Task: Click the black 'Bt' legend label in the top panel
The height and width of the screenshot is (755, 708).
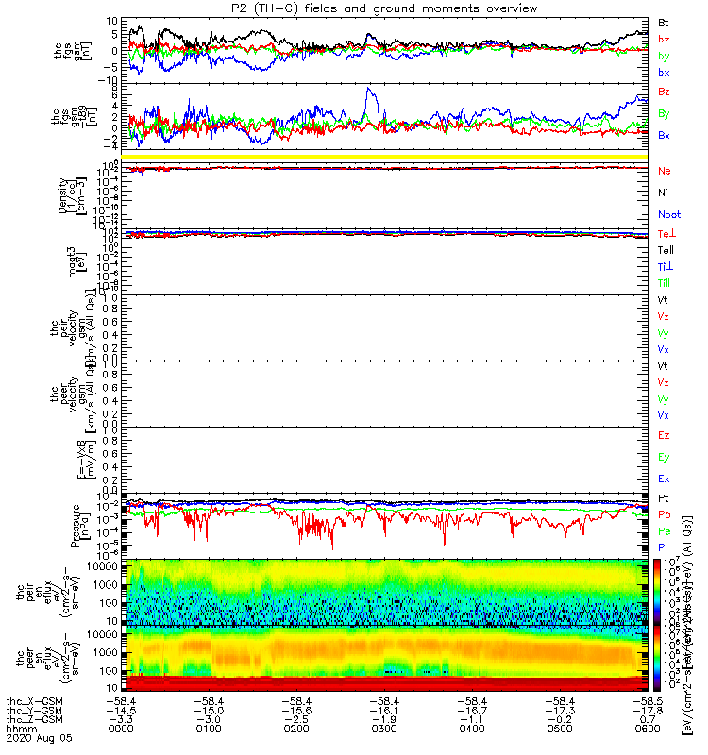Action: [664, 22]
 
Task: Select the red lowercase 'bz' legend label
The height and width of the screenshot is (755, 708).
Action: [664, 39]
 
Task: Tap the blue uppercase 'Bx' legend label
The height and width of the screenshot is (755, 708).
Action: [664, 135]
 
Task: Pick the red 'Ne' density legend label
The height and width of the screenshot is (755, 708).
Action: [664, 171]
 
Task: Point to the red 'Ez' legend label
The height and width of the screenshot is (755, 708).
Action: [664, 436]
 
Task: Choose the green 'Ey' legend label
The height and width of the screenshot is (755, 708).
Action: [664, 458]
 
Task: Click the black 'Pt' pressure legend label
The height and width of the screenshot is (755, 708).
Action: [664, 497]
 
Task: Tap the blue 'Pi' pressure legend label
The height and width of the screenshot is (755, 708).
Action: [664, 546]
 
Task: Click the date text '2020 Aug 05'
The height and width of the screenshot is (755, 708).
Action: [38, 736]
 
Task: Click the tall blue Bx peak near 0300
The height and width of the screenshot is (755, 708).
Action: [370, 91]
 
